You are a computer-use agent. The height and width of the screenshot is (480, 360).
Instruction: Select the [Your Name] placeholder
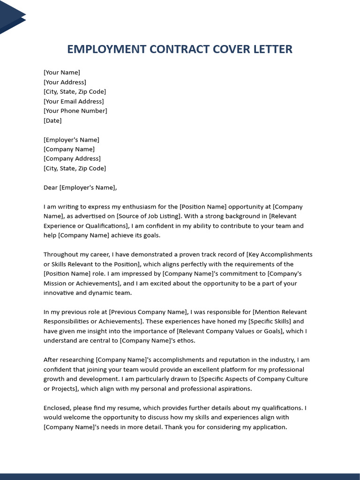pos(62,72)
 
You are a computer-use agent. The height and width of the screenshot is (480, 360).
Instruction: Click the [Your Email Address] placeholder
pos(74,101)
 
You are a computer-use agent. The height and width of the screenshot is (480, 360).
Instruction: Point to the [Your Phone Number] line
pos(75,111)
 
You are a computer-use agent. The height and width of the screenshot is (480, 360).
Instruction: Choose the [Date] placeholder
pos(52,120)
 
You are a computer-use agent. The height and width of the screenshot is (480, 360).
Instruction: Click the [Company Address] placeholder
pos(72,158)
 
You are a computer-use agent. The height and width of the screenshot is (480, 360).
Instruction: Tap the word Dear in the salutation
pos(51,187)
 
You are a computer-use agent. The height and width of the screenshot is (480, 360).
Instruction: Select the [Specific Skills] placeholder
pos(270,322)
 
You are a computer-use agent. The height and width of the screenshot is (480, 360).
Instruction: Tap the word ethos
pos(185,341)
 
